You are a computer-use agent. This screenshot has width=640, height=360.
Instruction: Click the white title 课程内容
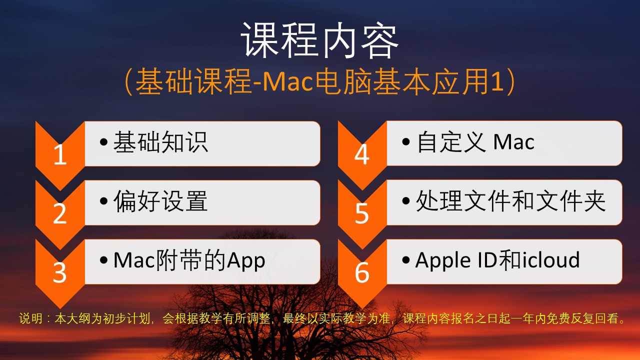point(319,40)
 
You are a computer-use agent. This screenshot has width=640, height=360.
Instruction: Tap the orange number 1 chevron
point(60,156)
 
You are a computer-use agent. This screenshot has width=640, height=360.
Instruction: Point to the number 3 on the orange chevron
point(59,273)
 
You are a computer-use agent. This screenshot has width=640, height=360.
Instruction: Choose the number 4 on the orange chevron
point(362,155)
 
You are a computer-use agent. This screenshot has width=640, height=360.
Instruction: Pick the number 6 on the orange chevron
point(362,272)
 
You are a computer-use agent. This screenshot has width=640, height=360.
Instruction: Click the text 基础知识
point(161,142)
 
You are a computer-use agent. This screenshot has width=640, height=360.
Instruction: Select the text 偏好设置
point(160,201)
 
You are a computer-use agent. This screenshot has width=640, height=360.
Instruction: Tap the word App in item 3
point(246,260)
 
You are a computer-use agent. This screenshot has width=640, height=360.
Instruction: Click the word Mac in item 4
point(513,142)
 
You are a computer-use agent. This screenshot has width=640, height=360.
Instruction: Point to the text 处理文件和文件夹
point(510,201)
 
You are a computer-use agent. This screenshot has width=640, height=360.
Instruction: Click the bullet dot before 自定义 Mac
point(405,141)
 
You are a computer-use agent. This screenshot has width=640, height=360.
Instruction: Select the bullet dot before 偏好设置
point(103,201)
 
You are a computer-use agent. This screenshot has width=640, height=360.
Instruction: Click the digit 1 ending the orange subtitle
point(497,82)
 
